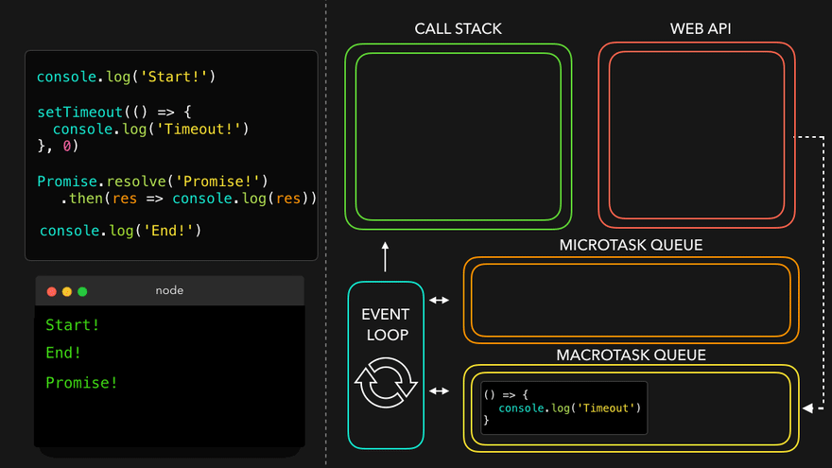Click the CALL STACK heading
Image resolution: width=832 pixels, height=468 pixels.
[458, 28]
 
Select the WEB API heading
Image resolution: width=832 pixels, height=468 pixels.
[701, 28]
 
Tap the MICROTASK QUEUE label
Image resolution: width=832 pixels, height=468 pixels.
[631, 245]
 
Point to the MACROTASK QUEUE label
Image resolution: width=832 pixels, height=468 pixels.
[631, 355]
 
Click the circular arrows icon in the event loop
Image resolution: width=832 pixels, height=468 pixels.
[386, 383]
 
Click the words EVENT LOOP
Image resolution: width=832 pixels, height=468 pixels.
[386, 323]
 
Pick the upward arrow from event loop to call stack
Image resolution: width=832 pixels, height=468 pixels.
[386, 255]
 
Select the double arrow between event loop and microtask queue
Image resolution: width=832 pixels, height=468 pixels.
[440, 301]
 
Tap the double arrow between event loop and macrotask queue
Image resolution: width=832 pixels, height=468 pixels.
[440, 390]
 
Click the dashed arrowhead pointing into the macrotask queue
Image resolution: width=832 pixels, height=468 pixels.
[806, 408]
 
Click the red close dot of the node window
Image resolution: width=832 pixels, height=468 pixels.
[52, 291]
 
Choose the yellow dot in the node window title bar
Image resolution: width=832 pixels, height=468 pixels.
[67, 291]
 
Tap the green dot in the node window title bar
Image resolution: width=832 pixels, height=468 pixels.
[82, 291]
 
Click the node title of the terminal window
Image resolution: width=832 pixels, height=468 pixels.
[169, 290]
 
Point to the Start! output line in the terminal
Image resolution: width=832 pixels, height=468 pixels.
[73, 325]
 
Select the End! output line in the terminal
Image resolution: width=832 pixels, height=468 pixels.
[63, 353]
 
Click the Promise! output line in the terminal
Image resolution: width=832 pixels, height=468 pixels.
[82, 383]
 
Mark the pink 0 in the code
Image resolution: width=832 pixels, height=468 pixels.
[67, 147]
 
